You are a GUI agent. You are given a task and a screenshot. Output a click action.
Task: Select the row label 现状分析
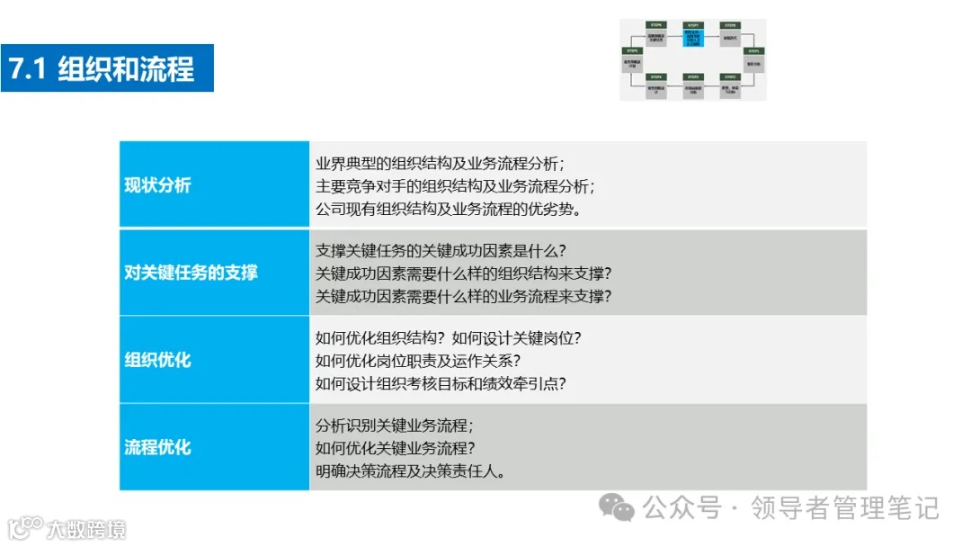click(158, 185)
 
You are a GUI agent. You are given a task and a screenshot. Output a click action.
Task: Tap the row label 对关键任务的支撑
click(191, 273)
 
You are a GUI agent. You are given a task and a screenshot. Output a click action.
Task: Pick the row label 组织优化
click(158, 360)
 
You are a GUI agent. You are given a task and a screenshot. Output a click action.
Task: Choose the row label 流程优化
click(158, 447)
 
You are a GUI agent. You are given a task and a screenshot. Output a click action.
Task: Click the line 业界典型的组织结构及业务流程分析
click(440, 164)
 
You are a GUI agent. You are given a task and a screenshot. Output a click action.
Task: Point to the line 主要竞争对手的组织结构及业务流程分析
click(455, 186)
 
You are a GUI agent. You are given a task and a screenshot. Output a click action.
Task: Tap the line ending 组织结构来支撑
click(463, 273)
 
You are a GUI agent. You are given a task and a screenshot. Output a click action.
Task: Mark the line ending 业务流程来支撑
click(463, 296)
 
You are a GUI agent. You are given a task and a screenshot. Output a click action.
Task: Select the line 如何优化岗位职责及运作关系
click(418, 361)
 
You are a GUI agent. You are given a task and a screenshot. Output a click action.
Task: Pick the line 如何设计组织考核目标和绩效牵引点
click(441, 383)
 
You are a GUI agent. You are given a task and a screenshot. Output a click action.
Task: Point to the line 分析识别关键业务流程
click(395, 426)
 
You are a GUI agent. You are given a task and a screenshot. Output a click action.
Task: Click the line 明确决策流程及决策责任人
click(410, 471)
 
